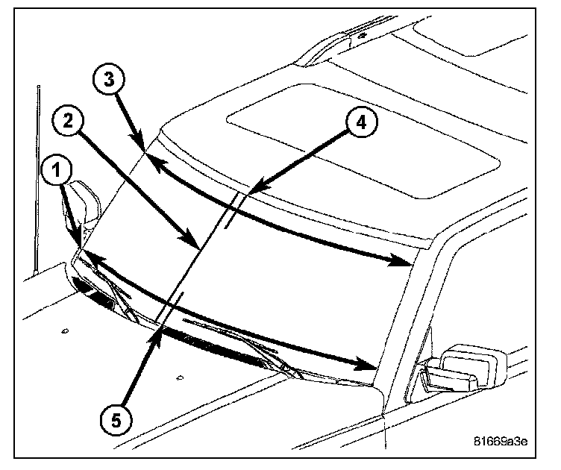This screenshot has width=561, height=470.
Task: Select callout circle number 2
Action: click(69, 122)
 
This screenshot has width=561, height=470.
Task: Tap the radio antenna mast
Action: click(36, 179)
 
